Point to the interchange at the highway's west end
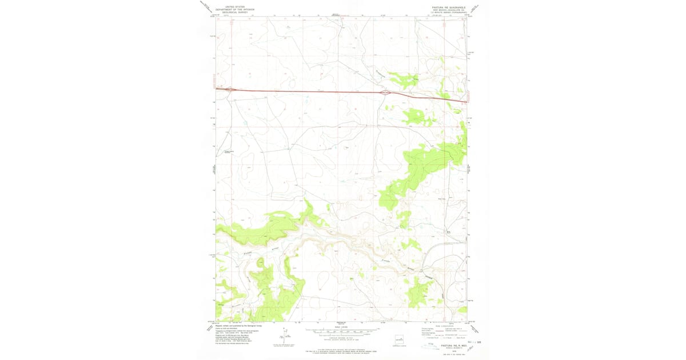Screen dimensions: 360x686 click(x=229, y=89)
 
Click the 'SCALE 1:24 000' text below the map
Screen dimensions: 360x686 click(x=341, y=327)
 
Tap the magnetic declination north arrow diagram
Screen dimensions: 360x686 click(x=284, y=337)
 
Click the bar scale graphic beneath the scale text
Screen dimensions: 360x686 click(x=341, y=333)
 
